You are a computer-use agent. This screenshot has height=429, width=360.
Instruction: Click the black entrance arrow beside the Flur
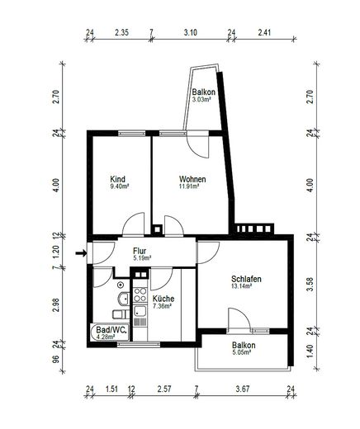pos(81,253)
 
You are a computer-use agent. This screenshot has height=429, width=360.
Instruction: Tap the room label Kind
pos(117,179)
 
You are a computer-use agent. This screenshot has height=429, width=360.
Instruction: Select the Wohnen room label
pos(192,179)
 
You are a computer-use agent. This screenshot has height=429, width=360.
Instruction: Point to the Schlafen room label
pos(246,279)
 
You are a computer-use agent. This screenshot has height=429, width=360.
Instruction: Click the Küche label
pos(163,299)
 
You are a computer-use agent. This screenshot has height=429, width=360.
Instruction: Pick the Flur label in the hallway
pos(140,251)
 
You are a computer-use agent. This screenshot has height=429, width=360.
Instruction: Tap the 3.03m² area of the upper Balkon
pos(201,100)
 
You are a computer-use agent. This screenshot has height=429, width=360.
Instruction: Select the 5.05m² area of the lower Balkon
pos(241,352)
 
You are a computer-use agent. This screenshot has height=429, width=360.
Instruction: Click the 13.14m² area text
pos(242,286)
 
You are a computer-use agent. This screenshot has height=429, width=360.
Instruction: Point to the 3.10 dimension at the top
pos(190,32)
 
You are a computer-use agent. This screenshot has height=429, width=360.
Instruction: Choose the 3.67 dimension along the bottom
pos(243,389)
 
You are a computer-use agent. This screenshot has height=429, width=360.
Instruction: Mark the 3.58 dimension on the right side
pos(310,285)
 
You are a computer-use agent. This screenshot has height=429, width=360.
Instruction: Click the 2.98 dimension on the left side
pos(56,305)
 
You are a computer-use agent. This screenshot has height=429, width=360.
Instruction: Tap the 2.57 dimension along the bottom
pos(164,389)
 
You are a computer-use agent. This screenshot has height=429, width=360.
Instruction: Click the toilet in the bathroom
pos(121,313)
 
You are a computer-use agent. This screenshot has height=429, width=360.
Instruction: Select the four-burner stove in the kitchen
pos(140,295)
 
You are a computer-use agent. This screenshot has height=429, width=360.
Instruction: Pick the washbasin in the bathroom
pos(124,299)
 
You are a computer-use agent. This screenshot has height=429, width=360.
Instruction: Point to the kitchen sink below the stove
pos(140,312)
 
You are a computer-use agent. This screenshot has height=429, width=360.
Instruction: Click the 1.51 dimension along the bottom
pos(111,389)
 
